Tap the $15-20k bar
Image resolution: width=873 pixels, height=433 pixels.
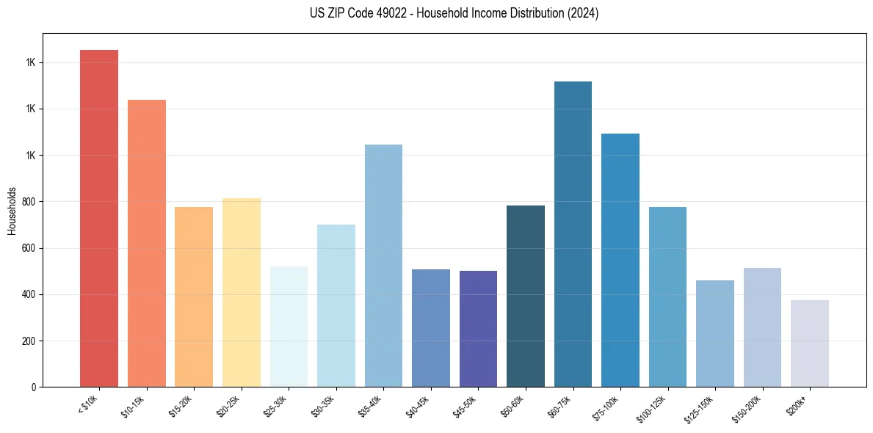(194, 297)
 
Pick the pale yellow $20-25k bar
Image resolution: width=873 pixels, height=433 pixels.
(241, 293)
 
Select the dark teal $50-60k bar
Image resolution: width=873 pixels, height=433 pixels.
(526, 296)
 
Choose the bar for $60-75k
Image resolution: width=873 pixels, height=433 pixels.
(573, 234)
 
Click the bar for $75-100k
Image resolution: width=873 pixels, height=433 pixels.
(620, 261)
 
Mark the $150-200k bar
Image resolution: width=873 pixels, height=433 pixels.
(762, 327)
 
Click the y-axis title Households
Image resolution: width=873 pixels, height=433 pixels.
(12, 211)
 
